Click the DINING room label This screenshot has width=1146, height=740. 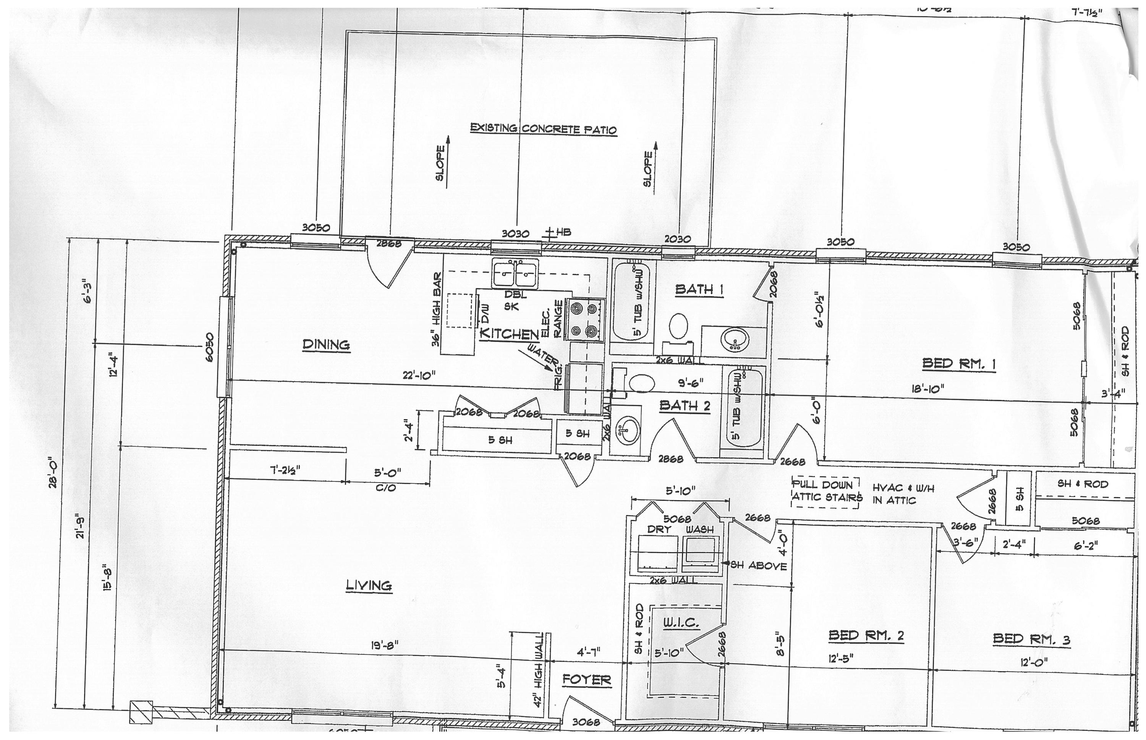(326, 345)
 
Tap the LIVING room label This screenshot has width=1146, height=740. (369, 586)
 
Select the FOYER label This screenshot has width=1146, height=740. (587, 680)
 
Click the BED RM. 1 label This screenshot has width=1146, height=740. (958, 364)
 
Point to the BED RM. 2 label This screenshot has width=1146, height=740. (866, 636)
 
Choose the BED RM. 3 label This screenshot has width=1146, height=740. (1031, 640)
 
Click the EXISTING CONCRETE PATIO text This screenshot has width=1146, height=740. (543, 129)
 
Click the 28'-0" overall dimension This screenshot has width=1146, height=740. (54, 474)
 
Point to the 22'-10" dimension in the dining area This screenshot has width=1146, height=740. (419, 375)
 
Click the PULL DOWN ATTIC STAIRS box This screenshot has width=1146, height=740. (825, 491)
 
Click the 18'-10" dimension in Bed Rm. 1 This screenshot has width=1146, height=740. (928, 389)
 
